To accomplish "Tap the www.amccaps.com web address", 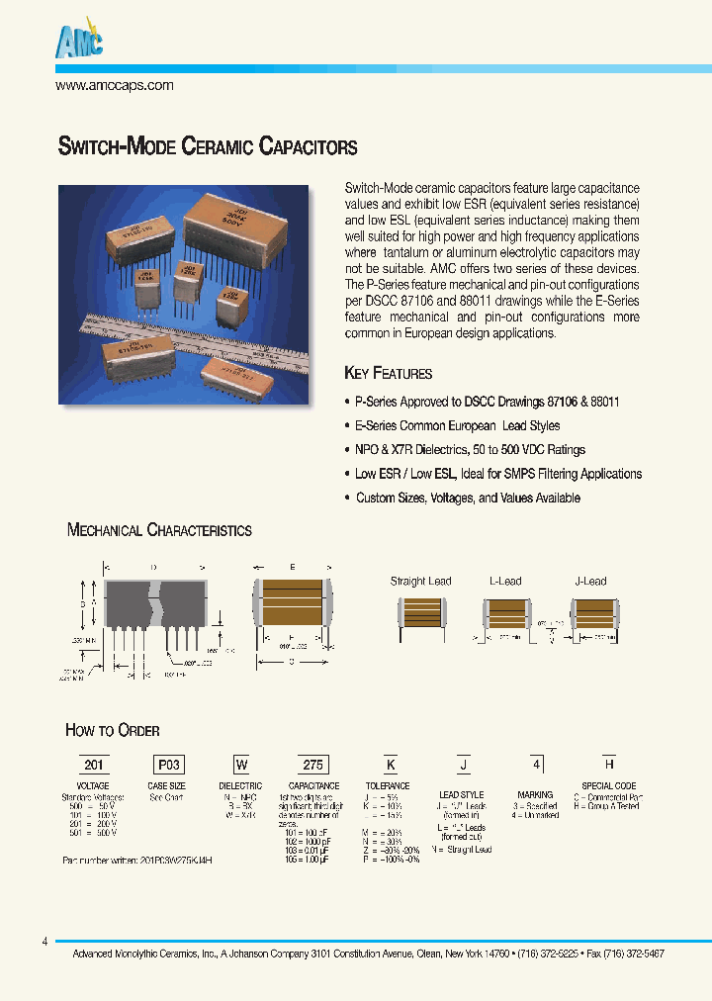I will (x=115, y=85).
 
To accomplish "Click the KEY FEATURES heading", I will (x=388, y=374).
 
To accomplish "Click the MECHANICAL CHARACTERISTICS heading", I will (x=159, y=530).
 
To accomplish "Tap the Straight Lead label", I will (x=420, y=581).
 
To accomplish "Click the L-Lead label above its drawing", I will (x=505, y=581).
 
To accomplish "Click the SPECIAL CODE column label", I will (x=610, y=786).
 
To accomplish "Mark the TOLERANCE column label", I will (x=389, y=786).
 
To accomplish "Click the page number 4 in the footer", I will (x=44, y=942).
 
